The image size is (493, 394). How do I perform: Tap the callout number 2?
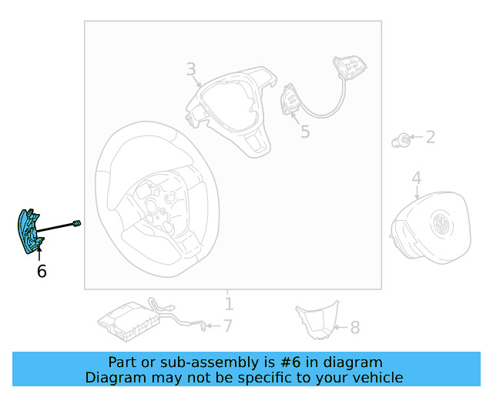click(431, 138)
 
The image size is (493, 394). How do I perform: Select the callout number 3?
click(191, 70)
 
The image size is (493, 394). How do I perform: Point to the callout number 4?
click(416, 179)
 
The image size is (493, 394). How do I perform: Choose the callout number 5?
click(305, 132)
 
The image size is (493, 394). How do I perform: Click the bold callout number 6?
click(42, 271)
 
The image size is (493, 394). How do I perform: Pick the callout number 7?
click(227, 326)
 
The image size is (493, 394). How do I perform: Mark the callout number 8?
click(354, 328)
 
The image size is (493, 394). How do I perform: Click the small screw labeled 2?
click(401, 139)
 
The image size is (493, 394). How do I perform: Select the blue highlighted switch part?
click(29, 230)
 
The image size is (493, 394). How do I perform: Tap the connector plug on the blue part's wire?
click(76, 223)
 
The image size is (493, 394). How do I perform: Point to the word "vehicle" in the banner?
click(375, 377)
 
